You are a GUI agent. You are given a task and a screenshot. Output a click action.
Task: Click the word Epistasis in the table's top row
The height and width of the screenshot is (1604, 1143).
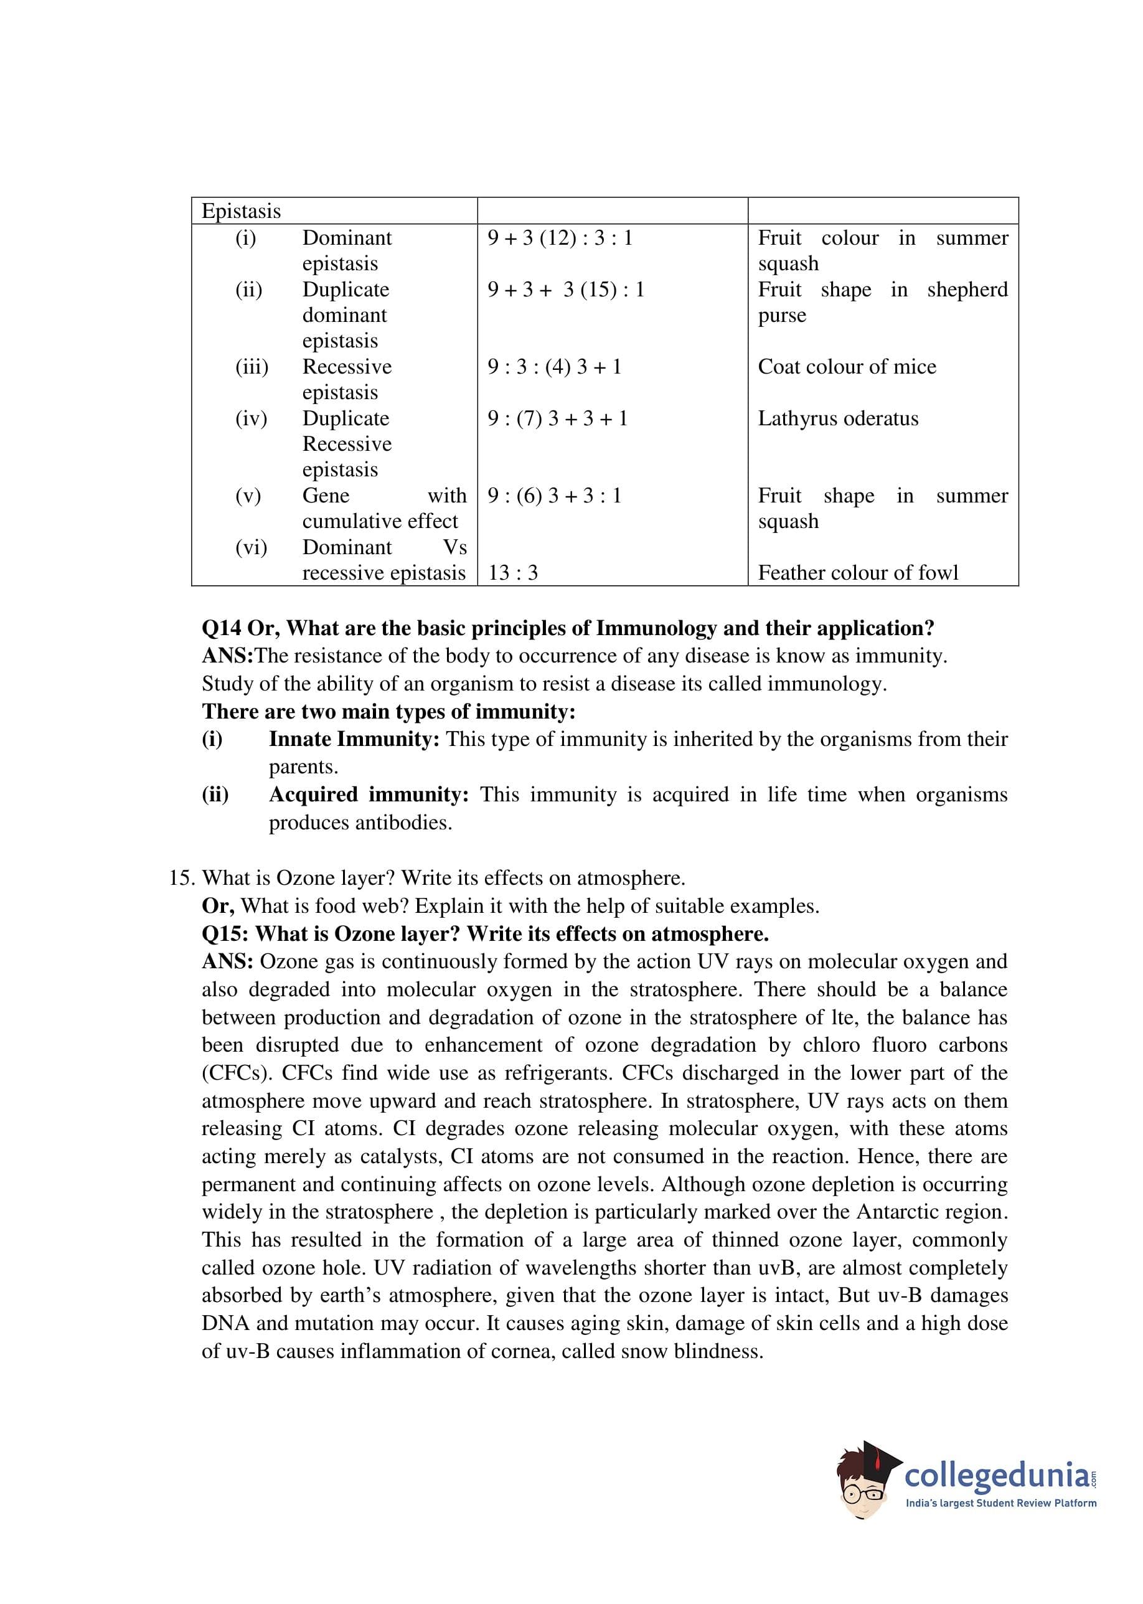pyautogui.click(x=241, y=211)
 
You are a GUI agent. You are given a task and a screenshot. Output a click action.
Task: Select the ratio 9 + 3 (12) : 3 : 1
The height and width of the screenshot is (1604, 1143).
pyautogui.click(x=560, y=238)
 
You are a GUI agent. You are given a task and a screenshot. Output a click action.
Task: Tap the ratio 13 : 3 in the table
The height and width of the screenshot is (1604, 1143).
pyautogui.click(x=512, y=573)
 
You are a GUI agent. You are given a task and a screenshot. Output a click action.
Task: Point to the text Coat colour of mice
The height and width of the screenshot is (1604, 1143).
pyautogui.click(x=847, y=367)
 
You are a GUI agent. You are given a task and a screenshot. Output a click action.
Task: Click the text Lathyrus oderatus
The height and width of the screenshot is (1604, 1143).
pyautogui.click(x=837, y=419)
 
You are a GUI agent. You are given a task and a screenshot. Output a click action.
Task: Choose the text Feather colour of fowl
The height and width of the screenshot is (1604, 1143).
pyautogui.click(x=858, y=573)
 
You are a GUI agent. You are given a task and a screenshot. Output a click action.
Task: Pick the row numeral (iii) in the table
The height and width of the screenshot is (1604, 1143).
pyautogui.click(x=252, y=367)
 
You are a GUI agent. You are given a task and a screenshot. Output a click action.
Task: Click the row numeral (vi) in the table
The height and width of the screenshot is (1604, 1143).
pyautogui.click(x=252, y=547)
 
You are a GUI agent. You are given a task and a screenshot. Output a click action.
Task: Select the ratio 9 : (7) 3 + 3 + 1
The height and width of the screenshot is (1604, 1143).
pyautogui.click(x=557, y=419)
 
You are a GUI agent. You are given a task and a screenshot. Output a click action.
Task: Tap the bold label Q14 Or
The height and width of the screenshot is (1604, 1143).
pyautogui.click(x=240, y=628)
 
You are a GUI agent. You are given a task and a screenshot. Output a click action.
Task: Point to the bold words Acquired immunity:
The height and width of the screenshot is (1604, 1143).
pyautogui.click(x=369, y=795)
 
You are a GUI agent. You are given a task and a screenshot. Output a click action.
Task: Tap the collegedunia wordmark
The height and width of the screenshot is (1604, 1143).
pyautogui.click(x=997, y=1474)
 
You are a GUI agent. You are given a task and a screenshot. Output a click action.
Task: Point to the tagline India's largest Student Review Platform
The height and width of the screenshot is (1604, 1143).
pyautogui.click(x=1000, y=1503)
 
